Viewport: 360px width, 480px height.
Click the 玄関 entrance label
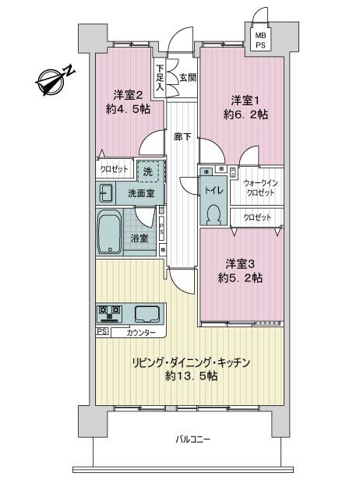(187, 77)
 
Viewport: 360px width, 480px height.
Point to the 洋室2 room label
(126, 95)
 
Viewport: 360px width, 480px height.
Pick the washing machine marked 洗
(148, 170)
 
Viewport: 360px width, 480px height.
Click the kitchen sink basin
(148, 314)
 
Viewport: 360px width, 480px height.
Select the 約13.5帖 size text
(192, 376)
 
